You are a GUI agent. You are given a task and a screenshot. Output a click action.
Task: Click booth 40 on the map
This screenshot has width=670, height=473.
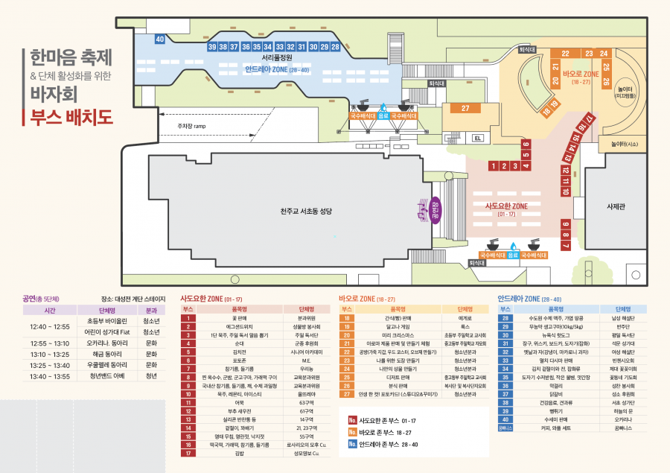(x=159, y=39)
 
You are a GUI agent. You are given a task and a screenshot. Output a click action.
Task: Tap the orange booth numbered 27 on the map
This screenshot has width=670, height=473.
(x=465, y=109)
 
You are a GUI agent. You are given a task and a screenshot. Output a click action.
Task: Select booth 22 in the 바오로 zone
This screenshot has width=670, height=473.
(x=566, y=54)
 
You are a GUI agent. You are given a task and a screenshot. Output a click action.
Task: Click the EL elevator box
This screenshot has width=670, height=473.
(x=478, y=139)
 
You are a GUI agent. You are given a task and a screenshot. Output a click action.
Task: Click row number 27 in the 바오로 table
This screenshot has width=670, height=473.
(x=346, y=394)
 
